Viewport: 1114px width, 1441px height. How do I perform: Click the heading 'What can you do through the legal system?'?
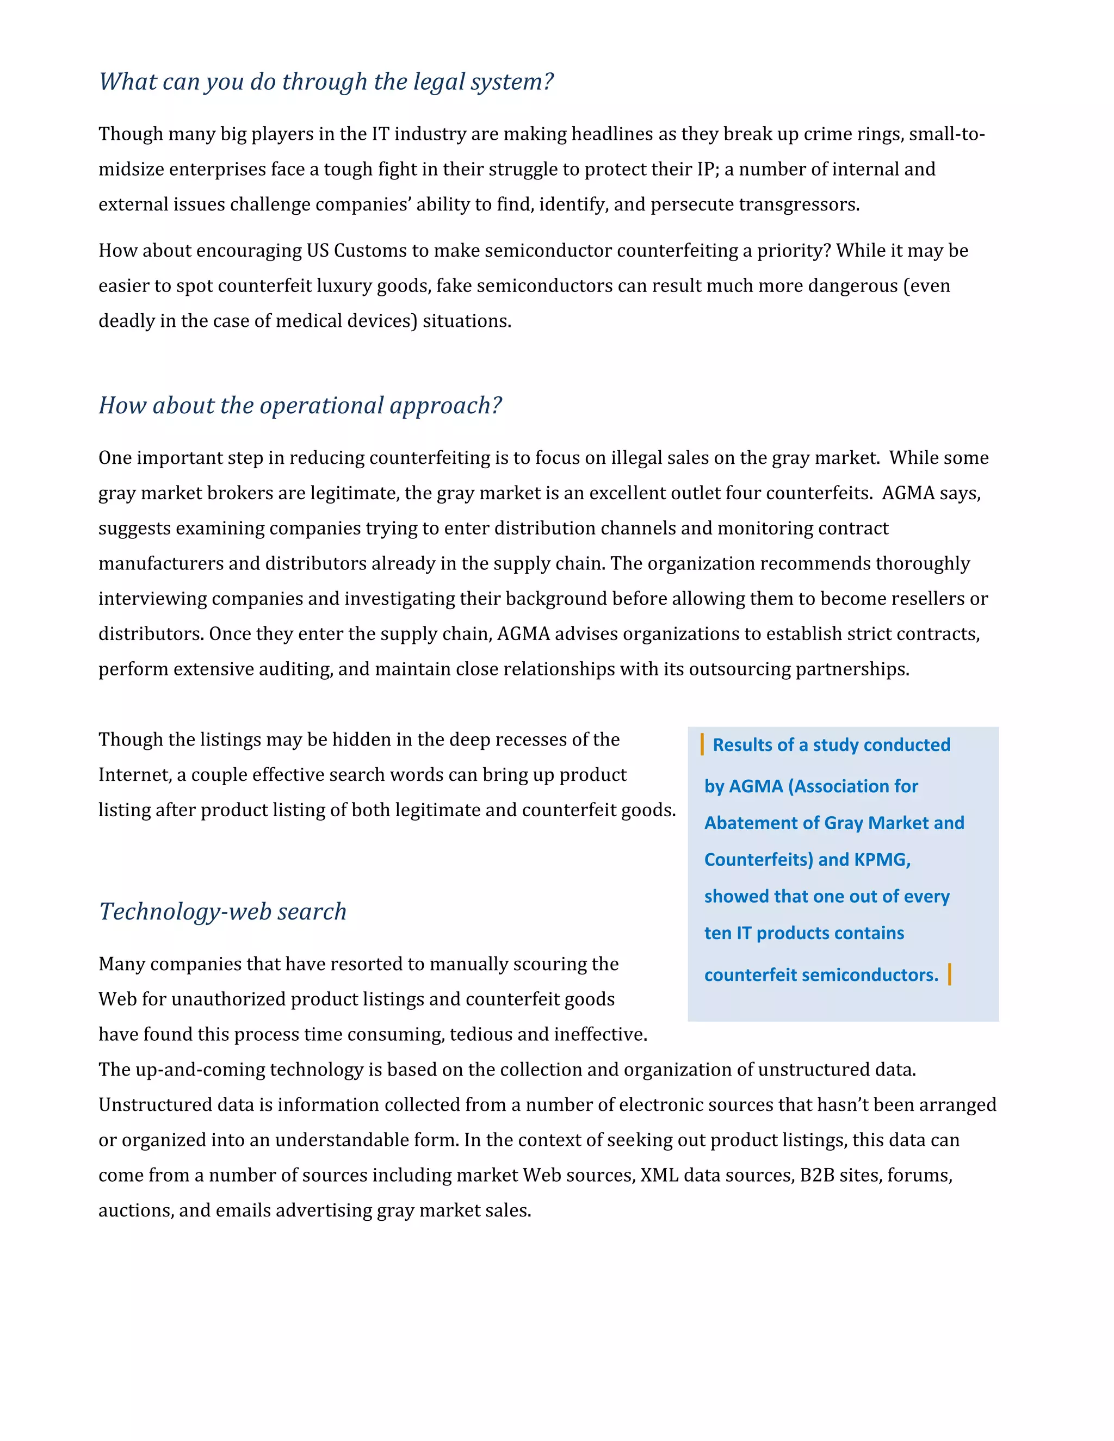(x=326, y=82)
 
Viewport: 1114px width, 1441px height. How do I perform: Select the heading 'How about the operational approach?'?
(x=300, y=405)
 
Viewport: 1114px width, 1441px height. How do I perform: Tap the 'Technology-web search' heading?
(x=222, y=911)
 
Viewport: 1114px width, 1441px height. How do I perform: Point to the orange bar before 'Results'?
(x=702, y=744)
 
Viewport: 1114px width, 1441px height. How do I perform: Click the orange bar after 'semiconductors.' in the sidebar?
(x=949, y=974)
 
